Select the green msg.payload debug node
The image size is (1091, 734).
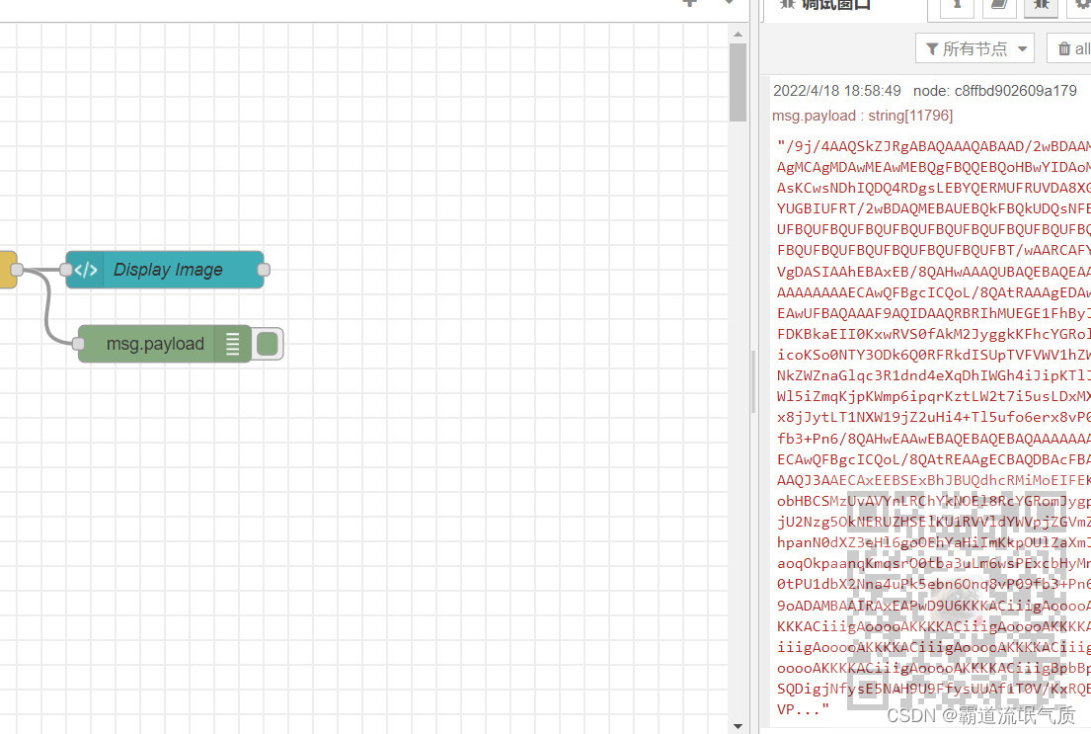tap(155, 344)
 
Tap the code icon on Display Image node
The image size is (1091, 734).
tap(86, 270)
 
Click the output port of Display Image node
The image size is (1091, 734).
tap(264, 269)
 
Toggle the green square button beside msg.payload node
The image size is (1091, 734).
tap(267, 344)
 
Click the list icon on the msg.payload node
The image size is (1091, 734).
tap(233, 344)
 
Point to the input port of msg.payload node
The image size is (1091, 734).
tap(79, 343)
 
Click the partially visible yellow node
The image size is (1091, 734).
tap(7, 269)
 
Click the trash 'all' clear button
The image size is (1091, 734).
tap(1072, 48)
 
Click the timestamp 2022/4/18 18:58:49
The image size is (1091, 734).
tap(836, 91)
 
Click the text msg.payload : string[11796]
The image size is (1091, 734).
tap(862, 116)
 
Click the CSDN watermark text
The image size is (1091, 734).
tap(981, 714)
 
